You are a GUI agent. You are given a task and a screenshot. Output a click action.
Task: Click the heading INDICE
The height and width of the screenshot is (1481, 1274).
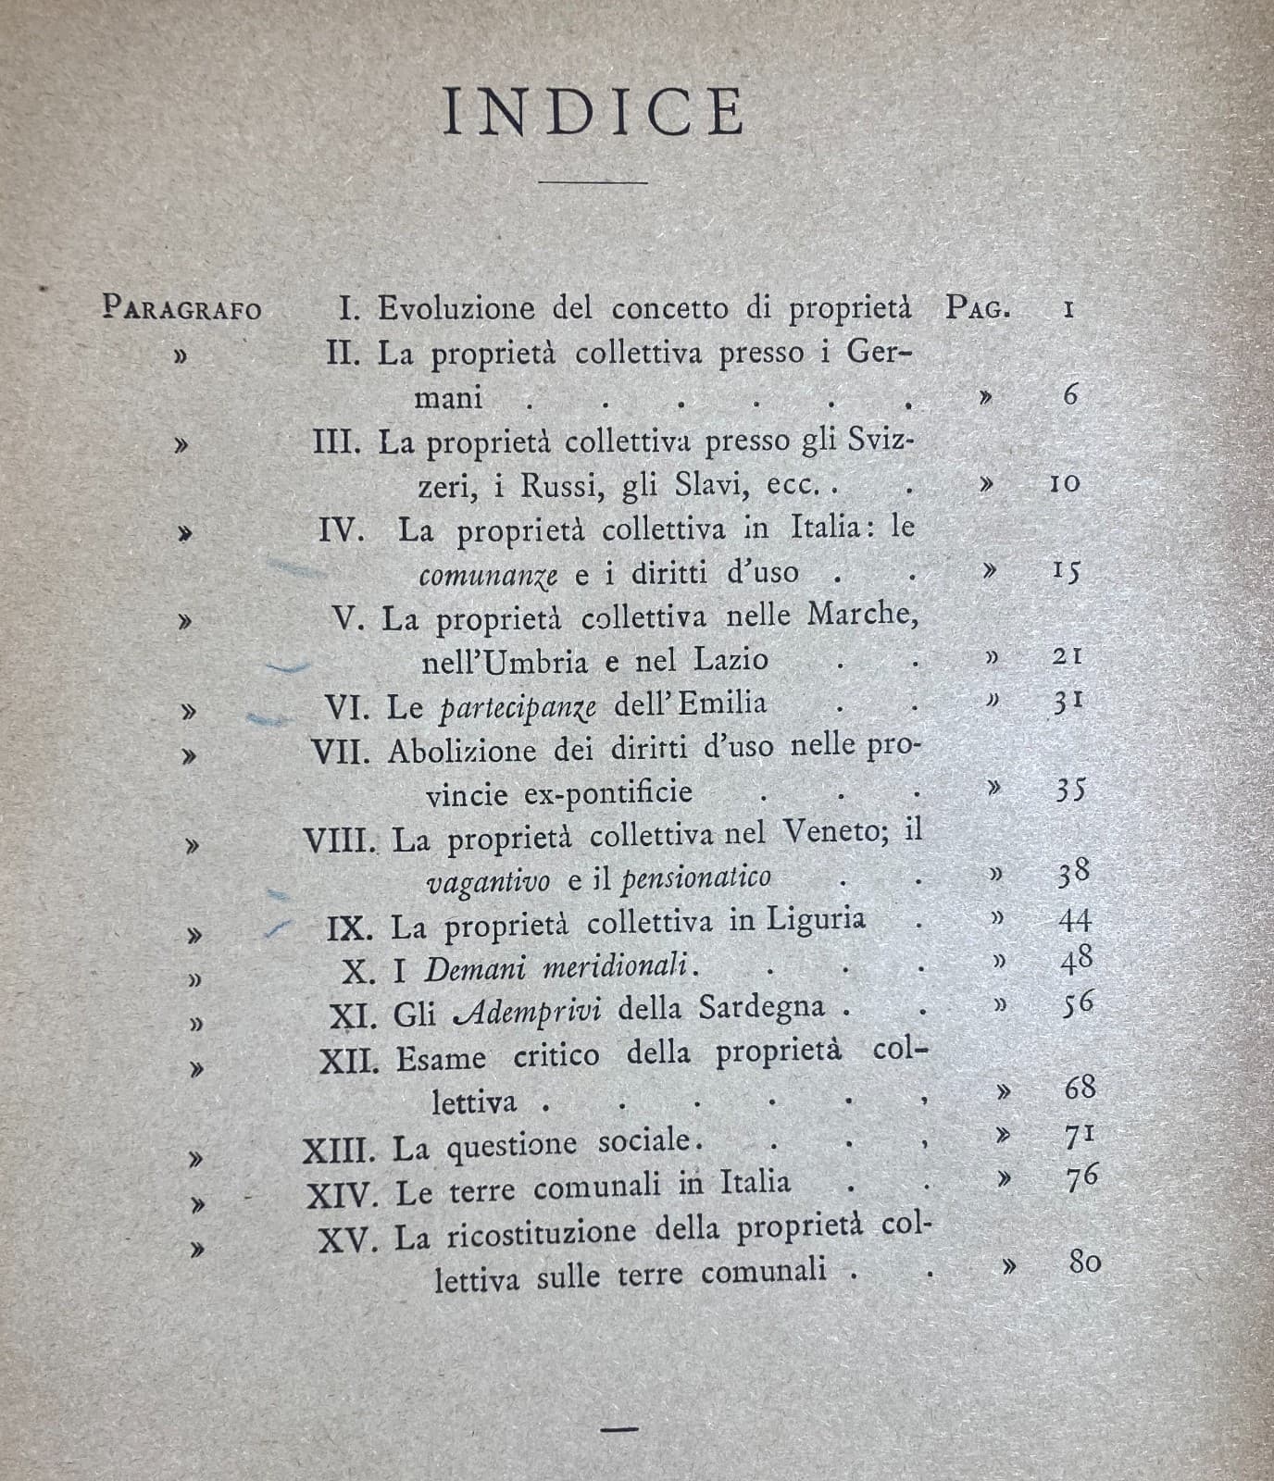click(x=593, y=112)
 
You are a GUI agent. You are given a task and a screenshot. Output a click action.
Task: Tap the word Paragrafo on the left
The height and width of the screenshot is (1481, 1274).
click(x=181, y=307)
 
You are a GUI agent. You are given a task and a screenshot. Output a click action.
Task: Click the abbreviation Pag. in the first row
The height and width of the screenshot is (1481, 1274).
click(x=978, y=307)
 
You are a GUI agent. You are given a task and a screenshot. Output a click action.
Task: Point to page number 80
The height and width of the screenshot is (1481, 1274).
click(x=1084, y=1262)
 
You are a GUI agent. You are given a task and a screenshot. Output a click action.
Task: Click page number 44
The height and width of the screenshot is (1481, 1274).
click(x=1074, y=920)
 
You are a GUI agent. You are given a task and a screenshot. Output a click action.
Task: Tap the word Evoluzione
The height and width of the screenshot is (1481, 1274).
click(x=456, y=307)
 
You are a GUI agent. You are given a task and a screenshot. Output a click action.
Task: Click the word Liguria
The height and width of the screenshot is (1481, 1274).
click(x=816, y=919)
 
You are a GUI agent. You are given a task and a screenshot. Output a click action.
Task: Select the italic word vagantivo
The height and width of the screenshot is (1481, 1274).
click(x=488, y=880)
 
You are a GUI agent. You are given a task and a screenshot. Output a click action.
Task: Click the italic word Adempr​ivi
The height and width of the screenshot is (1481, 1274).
click(x=531, y=1011)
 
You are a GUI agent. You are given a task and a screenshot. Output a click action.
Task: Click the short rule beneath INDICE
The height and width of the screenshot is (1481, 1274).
click(x=593, y=181)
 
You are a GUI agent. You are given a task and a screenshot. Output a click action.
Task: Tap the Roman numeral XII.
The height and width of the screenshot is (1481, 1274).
click(x=349, y=1061)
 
